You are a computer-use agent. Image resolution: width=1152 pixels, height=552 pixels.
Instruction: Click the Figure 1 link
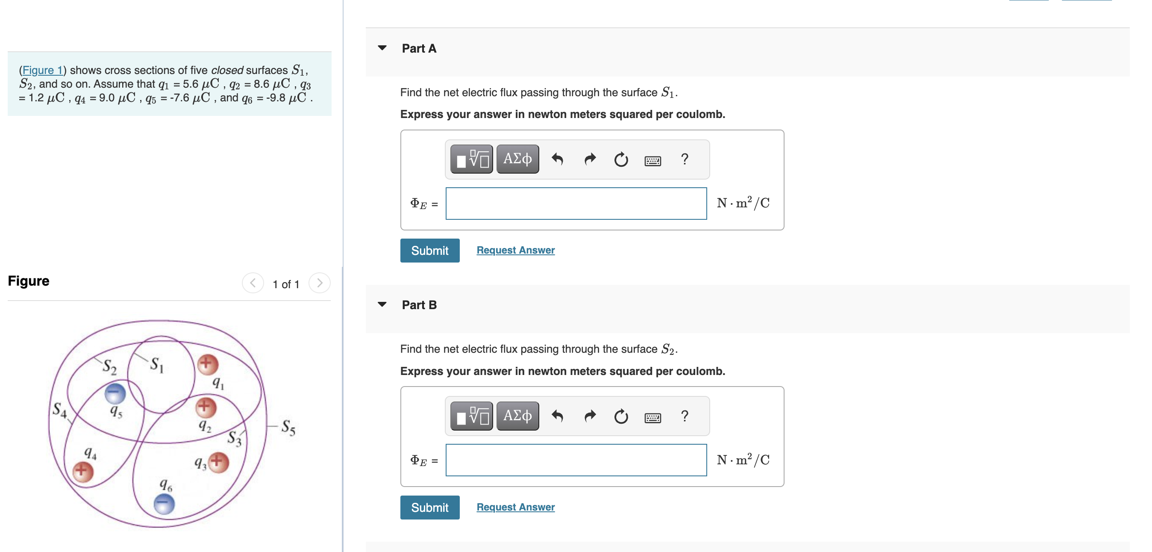(x=42, y=70)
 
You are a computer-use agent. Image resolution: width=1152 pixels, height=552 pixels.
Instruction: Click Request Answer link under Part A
(x=515, y=250)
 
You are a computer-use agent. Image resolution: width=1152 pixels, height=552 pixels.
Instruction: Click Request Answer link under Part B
(x=515, y=507)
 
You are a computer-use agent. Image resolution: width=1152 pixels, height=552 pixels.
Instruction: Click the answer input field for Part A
(x=576, y=204)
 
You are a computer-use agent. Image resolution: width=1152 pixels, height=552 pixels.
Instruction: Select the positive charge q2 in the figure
(x=206, y=407)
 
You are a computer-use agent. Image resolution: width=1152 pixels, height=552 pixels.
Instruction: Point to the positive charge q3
(x=218, y=462)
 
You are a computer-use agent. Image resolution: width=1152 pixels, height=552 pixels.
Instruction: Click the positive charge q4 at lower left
(x=83, y=471)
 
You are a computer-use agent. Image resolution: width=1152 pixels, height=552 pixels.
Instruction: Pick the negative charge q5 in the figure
(x=115, y=394)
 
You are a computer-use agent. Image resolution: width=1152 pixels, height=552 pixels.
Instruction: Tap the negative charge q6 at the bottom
(x=164, y=504)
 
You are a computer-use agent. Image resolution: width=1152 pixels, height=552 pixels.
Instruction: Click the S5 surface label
(x=288, y=428)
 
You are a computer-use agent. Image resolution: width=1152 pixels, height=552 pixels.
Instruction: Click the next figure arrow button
(x=319, y=283)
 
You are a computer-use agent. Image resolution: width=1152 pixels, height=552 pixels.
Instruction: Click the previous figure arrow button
(x=253, y=283)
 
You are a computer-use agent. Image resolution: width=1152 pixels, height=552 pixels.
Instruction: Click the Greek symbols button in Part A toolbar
(x=517, y=159)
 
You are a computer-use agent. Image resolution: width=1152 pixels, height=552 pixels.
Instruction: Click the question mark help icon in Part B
(x=684, y=416)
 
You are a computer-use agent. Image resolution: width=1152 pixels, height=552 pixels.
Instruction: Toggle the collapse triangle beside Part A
(x=382, y=48)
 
